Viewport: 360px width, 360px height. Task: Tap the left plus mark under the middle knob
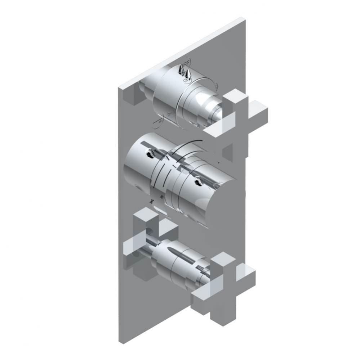152,200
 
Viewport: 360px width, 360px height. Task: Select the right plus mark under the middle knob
162,197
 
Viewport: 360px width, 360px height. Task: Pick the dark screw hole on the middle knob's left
148,155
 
